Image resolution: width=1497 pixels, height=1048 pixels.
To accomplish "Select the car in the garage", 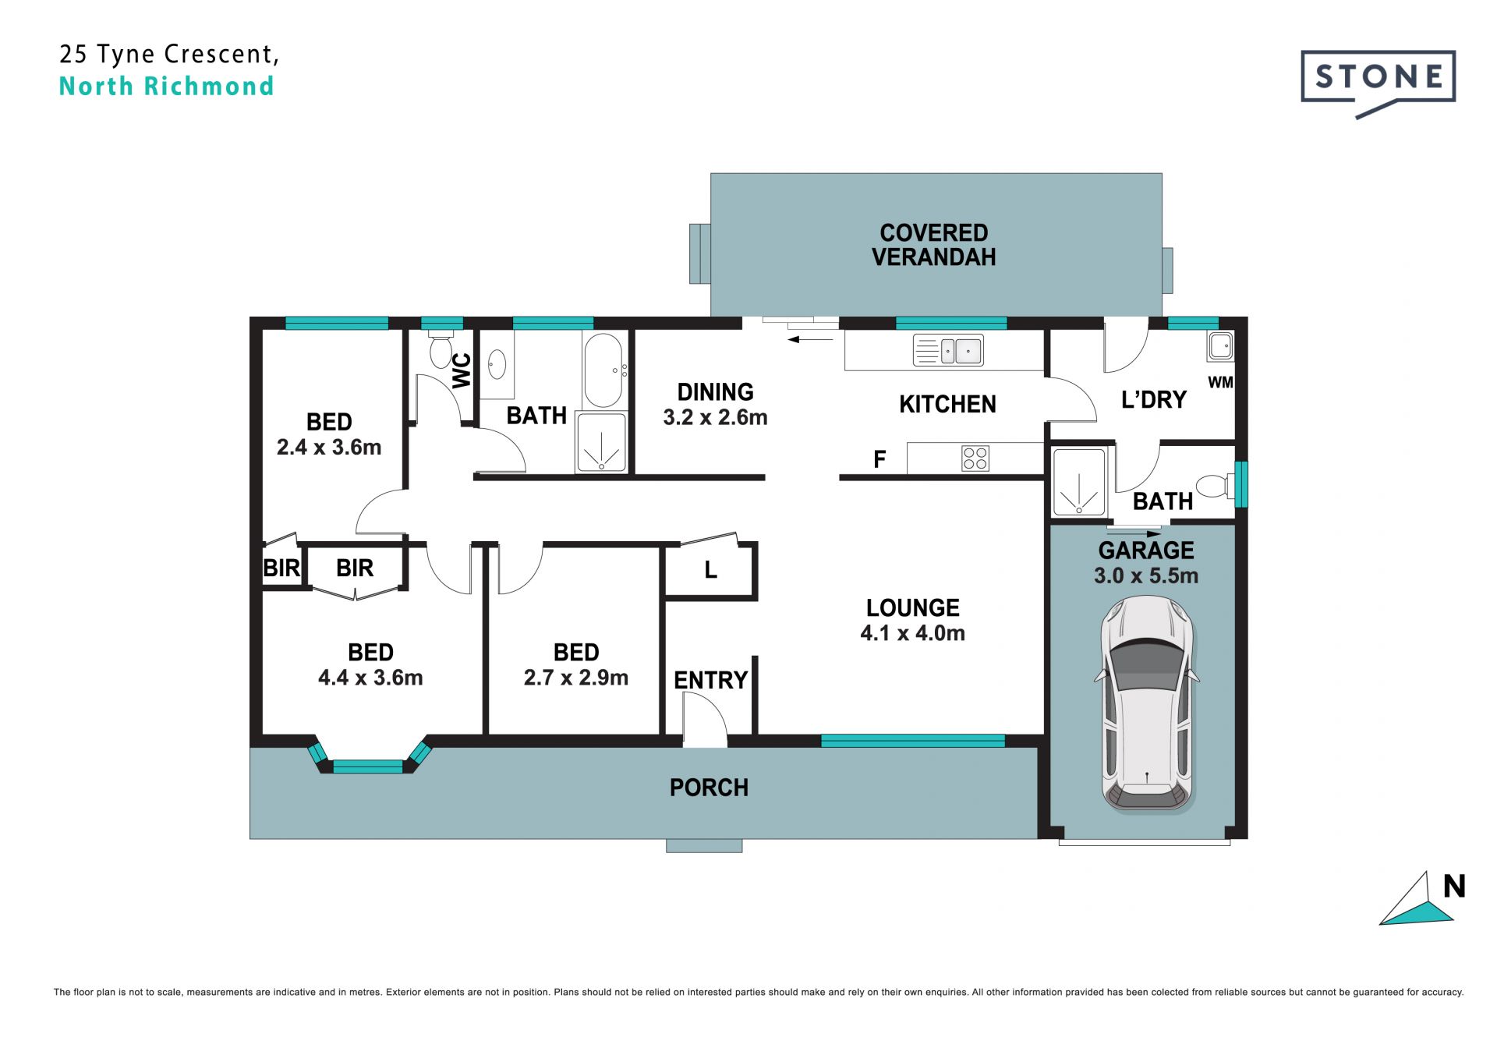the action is (1147, 704).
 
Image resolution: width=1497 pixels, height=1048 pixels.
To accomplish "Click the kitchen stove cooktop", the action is (975, 458).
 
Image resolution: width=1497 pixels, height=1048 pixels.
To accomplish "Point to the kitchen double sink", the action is (948, 351).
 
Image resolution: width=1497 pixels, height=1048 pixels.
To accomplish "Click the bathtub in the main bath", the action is (603, 370).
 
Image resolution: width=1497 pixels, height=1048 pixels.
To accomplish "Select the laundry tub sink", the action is (1220, 345).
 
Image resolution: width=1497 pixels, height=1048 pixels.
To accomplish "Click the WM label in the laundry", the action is (1220, 382).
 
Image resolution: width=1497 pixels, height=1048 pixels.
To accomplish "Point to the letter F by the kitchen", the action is (879, 459).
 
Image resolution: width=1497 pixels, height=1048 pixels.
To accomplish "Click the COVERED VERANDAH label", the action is (933, 245).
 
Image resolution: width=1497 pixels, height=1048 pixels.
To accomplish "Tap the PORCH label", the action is (709, 788).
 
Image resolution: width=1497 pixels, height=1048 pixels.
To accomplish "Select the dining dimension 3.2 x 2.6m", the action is (715, 417).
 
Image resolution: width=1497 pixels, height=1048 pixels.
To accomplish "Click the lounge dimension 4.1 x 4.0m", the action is (912, 633).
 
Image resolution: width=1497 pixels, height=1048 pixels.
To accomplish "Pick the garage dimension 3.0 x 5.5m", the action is (1146, 576).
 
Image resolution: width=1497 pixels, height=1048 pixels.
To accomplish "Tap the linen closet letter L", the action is (710, 570).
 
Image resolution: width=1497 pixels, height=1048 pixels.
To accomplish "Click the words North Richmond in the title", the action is (166, 86).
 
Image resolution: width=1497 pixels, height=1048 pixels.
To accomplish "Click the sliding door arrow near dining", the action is (811, 339).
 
